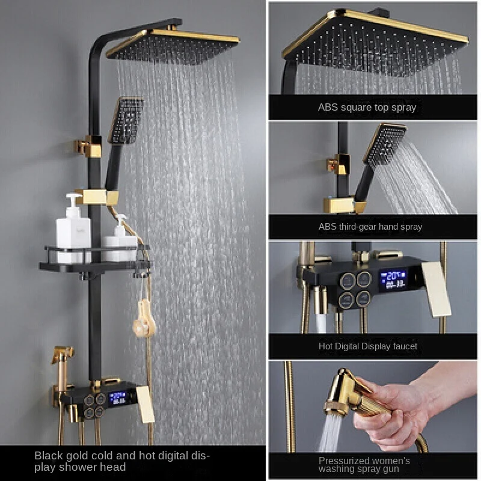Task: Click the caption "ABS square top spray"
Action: point(367,108)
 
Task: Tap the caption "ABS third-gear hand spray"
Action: point(370,227)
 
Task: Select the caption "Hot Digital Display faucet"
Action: point(367,346)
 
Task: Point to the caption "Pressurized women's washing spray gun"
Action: point(364,465)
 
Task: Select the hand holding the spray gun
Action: point(397,409)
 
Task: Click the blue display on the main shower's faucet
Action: point(118,397)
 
